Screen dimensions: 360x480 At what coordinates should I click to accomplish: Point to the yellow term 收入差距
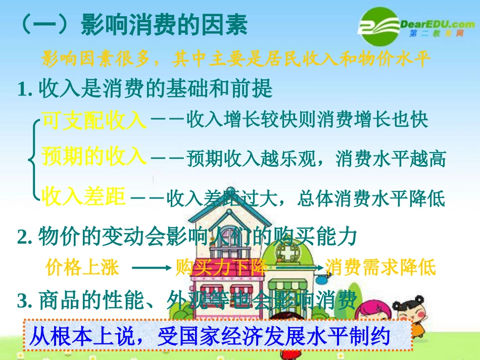pyautogui.click(x=83, y=196)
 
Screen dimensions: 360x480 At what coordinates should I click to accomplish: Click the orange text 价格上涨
pyautogui.click(x=82, y=267)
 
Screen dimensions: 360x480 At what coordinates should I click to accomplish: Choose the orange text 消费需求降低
pyautogui.click(x=380, y=267)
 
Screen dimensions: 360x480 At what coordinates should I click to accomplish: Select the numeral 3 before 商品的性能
pyautogui.click(x=21, y=302)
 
